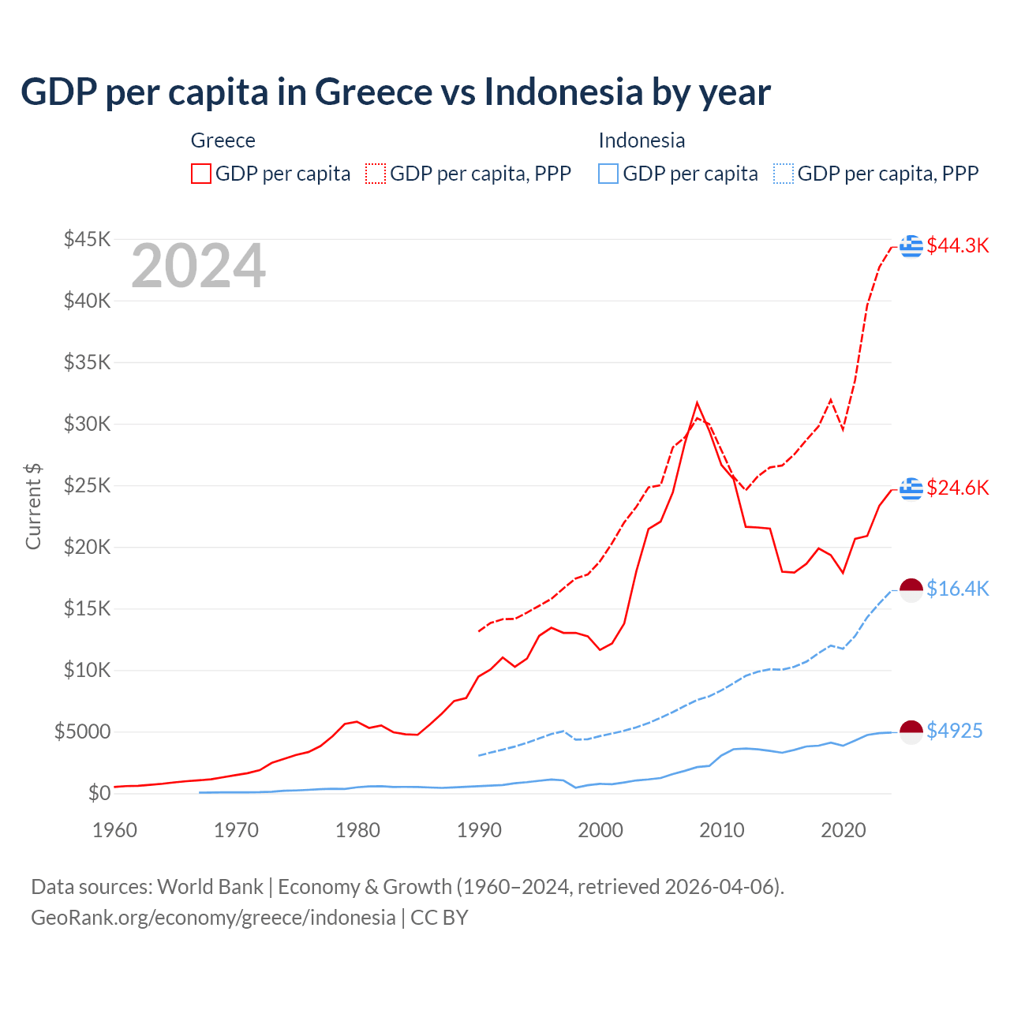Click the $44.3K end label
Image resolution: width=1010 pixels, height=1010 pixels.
957,245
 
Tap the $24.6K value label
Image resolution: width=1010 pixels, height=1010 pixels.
957,488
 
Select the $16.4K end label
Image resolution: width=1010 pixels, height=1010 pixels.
957,589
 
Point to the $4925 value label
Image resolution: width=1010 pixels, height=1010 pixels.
954,731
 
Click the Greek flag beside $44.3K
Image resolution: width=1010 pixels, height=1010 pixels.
911,246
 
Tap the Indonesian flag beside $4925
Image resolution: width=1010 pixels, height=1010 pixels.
911,731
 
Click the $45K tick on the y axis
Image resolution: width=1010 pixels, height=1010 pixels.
88,239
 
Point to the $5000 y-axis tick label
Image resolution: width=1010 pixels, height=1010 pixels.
82,731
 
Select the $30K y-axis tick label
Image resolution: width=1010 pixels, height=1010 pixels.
88,424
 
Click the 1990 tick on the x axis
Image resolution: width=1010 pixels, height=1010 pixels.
479,830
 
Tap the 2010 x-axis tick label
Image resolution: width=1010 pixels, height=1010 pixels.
722,830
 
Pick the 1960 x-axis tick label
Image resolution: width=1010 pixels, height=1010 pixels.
115,830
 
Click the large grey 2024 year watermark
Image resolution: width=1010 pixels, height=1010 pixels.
198,266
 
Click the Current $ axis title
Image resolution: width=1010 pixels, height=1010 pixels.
33,507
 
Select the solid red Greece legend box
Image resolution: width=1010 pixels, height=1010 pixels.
201,174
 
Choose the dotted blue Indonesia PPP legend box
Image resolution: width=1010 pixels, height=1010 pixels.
784,174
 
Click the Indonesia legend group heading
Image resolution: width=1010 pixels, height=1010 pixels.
642,140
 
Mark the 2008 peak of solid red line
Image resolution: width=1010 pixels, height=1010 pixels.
697,403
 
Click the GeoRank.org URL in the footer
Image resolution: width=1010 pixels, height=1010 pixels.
213,918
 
